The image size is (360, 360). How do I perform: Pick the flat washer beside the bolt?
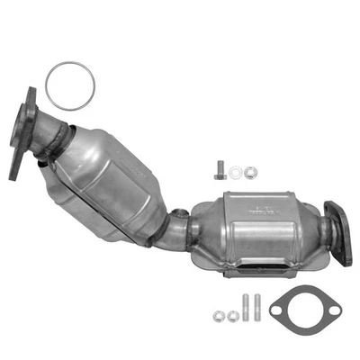pos(236,170)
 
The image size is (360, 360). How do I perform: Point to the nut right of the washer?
pos(249,170)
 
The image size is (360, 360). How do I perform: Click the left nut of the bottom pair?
pos(219,315)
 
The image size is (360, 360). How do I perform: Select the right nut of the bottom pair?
pos(233,315)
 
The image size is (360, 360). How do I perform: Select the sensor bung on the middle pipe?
pos(181,214)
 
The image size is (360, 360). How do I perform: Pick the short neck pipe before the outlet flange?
pos(322,238)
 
